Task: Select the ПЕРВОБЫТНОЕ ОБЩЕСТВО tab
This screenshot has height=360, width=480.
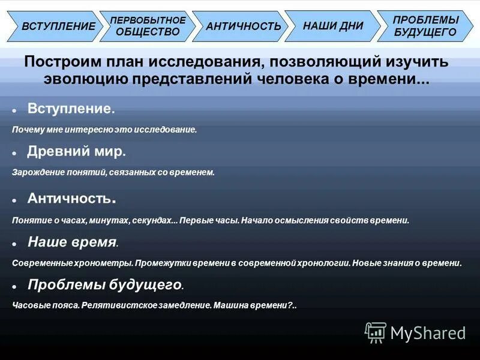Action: [147, 26]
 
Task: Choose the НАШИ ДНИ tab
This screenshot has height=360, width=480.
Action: [332, 26]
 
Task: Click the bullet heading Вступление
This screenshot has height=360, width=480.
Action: [69, 109]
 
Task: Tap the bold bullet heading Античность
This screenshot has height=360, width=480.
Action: [70, 198]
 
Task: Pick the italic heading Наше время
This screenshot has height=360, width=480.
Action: [71, 242]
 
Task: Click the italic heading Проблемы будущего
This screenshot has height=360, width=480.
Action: [104, 284]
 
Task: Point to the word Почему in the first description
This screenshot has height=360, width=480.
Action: [26, 130]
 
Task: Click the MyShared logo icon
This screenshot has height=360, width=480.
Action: [376, 332]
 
